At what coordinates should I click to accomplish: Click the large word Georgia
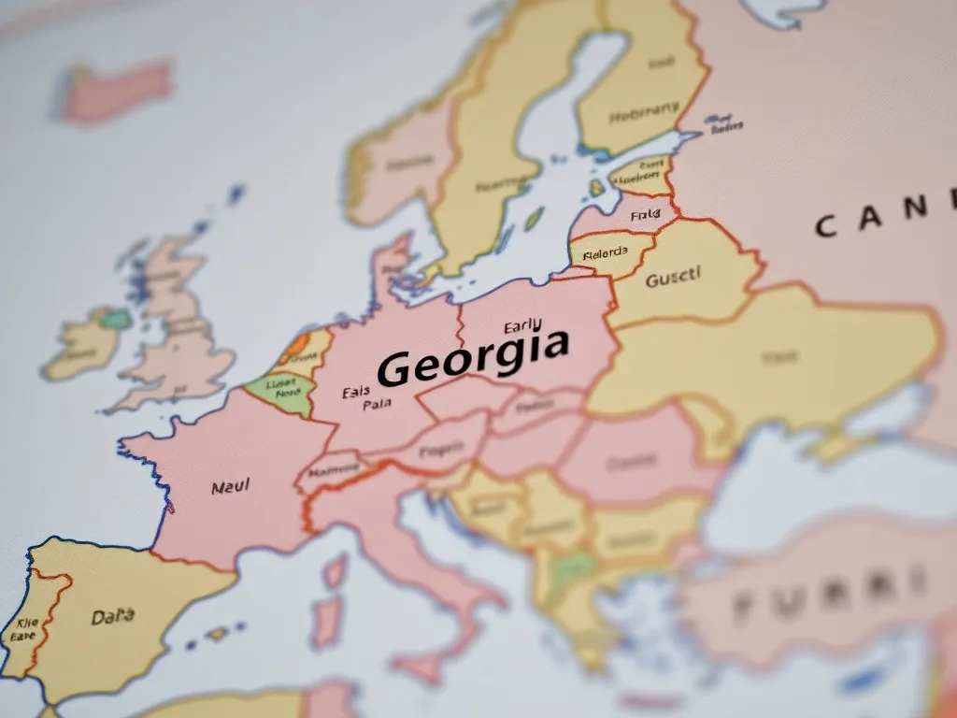click(x=473, y=356)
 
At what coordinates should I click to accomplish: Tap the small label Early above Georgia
click(x=521, y=327)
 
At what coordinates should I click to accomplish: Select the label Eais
click(x=356, y=393)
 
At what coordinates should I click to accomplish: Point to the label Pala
click(x=377, y=406)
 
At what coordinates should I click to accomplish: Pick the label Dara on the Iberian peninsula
click(x=113, y=617)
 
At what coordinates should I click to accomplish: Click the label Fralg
click(x=645, y=216)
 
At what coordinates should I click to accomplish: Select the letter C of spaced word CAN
click(x=826, y=224)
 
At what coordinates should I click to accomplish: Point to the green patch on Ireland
click(x=116, y=318)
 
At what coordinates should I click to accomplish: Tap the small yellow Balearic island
click(x=218, y=633)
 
